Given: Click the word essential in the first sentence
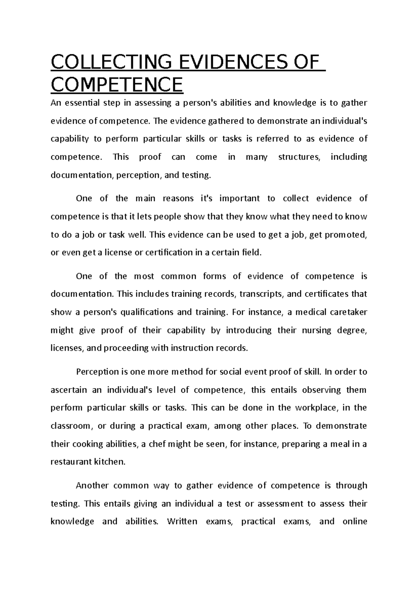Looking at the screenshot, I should (82, 103).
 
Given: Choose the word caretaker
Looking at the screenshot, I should (348, 312).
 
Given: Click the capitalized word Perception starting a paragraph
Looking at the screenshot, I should (97, 372).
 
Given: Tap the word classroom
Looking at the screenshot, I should (71, 426).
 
